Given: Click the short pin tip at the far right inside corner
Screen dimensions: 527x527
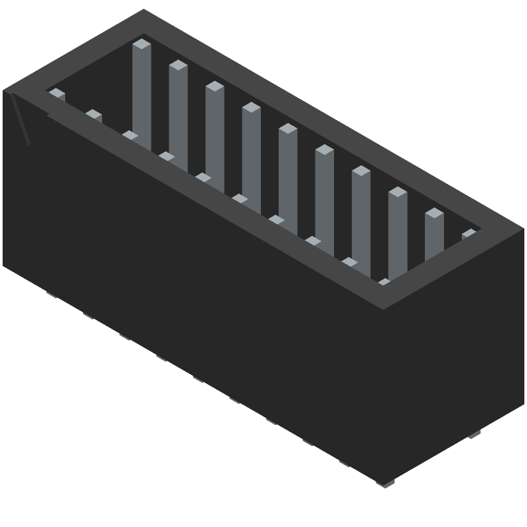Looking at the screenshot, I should [468, 234].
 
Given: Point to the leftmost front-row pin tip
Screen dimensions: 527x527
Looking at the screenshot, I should [57, 94].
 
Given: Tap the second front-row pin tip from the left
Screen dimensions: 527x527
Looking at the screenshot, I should [94, 115].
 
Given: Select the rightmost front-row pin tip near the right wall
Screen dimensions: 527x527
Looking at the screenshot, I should [384, 283].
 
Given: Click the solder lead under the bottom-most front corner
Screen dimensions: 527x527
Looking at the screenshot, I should [385, 484].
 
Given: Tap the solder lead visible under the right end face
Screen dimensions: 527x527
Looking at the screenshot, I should [474, 434].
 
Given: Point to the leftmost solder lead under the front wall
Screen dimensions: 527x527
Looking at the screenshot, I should [51, 295].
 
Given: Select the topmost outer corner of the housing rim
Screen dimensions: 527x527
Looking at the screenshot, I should [144, 9].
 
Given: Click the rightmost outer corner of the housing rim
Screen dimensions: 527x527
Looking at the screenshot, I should [524, 229].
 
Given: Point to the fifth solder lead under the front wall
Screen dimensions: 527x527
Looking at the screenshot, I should [198, 379].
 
